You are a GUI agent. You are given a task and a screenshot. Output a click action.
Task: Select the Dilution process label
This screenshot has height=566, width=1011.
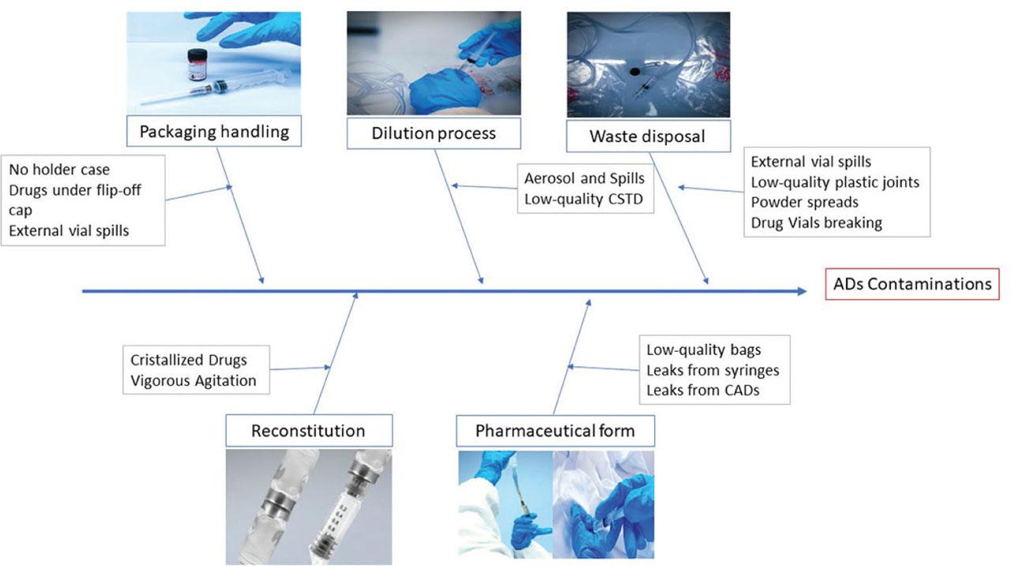coord(434,133)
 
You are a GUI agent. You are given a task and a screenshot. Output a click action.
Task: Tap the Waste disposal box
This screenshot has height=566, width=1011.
coord(647,136)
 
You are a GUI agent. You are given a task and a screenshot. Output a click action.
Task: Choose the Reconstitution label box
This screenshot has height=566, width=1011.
coord(308,431)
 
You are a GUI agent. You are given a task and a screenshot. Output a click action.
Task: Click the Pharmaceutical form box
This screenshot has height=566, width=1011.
coord(554,431)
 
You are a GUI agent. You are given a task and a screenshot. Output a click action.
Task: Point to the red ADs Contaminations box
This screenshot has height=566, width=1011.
coord(912,284)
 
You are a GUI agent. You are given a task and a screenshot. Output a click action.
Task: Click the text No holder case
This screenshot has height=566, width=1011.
coord(59,169)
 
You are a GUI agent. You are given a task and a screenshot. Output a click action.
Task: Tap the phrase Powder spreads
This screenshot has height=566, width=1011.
coord(804,202)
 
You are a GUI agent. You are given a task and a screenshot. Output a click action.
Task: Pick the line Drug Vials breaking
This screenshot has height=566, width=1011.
coord(816,222)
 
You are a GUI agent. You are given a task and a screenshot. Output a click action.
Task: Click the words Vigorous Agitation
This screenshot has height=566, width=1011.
coord(194,380)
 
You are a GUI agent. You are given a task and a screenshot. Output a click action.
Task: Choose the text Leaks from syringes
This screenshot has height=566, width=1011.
coord(712,369)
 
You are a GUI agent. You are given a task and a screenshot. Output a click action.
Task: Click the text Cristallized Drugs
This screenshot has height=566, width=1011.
coord(188,360)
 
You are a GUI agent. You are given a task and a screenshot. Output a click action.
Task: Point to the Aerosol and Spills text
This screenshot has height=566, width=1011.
coord(584,179)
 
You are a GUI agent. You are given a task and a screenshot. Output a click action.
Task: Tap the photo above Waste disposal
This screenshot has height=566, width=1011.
coord(648,64)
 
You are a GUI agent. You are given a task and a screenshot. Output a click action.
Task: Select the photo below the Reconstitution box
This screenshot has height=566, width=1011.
coord(308,506)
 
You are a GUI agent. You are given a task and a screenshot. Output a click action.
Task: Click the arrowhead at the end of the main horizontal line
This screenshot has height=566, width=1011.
coord(802,292)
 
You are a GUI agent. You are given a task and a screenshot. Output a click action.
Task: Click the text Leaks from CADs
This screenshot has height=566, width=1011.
coord(703,389)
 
